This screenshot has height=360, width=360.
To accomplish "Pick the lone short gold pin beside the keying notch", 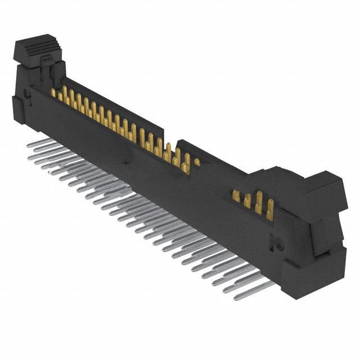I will coord(197,162).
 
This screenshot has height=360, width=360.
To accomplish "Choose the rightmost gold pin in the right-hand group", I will coord(271,206).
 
